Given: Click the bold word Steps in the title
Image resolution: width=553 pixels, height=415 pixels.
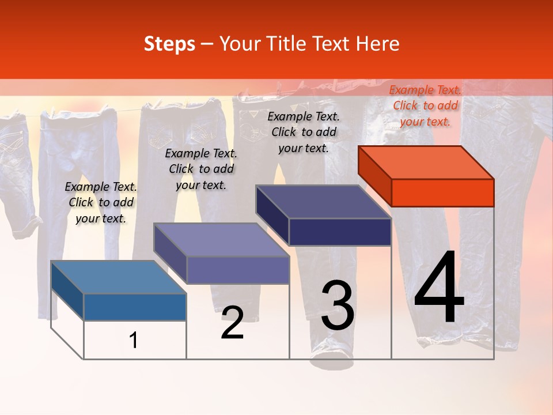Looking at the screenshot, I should coord(169,44).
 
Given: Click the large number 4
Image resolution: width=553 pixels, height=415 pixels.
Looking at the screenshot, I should coord(439,288).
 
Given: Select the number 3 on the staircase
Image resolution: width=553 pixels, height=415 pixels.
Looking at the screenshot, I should coord(338,305).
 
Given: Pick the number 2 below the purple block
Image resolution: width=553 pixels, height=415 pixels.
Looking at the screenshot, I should coord(232,323).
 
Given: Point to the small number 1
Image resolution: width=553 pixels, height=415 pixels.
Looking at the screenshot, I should coord(134,340).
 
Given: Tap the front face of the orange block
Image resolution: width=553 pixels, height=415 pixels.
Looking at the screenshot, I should coord(442,193).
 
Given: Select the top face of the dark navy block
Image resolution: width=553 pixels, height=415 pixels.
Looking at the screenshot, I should coord(324,202).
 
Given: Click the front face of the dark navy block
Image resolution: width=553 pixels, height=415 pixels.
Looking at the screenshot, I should coord(340,232).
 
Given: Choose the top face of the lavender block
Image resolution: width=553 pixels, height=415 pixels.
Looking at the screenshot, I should coord(221,240).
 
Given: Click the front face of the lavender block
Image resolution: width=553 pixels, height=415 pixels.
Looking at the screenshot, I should coord(237,270).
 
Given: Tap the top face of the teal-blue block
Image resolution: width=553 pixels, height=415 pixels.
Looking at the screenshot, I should coord(119,277).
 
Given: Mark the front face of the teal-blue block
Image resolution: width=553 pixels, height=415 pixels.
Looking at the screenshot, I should coord(135,307).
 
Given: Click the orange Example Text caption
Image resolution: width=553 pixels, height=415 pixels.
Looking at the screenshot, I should coord(425,105).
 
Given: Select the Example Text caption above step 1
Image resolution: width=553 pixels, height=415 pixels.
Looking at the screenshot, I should coord(101,202).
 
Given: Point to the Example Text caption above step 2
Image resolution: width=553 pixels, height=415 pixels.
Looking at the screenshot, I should coord(201,169).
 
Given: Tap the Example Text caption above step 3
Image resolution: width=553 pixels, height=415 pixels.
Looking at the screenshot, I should coord(304,132).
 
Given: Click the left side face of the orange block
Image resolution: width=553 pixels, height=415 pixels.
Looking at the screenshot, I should coord(374,175).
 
